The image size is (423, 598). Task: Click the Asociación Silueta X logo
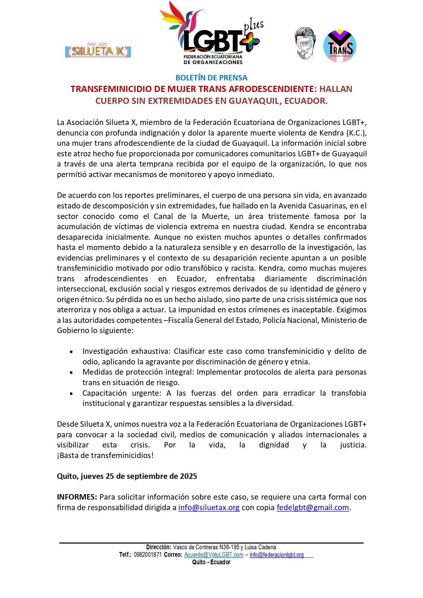tap(98, 50)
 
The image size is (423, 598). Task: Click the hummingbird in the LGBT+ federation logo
tap(184, 20)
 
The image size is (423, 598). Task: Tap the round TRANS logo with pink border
tap(339, 46)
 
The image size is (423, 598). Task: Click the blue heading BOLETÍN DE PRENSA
tap(211, 78)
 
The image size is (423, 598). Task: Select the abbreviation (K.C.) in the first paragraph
tap(356, 133)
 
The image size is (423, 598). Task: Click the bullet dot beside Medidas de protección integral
tap(71, 372)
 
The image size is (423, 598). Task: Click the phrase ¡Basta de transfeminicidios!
tap(105, 455)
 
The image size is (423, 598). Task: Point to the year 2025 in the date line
tap(188, 476)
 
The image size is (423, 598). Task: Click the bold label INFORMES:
tap(77, 497)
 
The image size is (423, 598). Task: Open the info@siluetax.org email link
tap(209, 507)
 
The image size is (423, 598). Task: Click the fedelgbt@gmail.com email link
tap(313, 507)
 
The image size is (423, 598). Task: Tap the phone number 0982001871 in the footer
tap(148, 555)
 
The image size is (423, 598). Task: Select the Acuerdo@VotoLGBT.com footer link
tap(214, 555)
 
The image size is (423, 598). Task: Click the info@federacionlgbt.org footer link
tap(276, 555)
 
